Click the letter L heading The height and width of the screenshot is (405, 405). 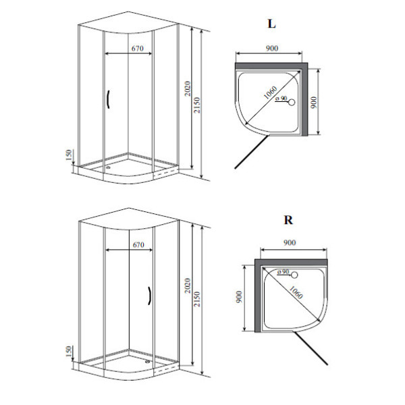(x=271, y=24)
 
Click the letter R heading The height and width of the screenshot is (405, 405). (x=288, y=220)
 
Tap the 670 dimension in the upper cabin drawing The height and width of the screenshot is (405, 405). (x=138, y=49)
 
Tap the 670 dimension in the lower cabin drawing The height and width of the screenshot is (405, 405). (x=138, y=244)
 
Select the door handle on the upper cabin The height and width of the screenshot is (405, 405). (x=109, y=99)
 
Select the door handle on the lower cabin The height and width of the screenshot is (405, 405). (x=149, y=296)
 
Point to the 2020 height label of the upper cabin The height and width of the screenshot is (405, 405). (x=188, y=88)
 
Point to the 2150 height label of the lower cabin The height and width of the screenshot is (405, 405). (x=197, y=299)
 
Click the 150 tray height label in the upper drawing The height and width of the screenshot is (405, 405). (x=69, y=155)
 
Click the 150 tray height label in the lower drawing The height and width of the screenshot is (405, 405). (x=69, y=352)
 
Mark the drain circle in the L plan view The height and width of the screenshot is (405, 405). (x=292, y=103)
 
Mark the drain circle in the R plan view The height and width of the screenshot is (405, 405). (x=294, y=275)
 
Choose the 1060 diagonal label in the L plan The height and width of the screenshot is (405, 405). (x=271, y=92)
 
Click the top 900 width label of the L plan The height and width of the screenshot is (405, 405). (x=272, y=49)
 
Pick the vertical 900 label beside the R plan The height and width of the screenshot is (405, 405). (x=239, y=297)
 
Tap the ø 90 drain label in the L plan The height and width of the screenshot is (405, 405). (x=281, y=99)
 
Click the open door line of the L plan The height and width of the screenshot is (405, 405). (x=252, y=152)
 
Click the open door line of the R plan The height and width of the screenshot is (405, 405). (x=311, y=348)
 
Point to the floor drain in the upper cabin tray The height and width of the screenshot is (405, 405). (x=108, y=167)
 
